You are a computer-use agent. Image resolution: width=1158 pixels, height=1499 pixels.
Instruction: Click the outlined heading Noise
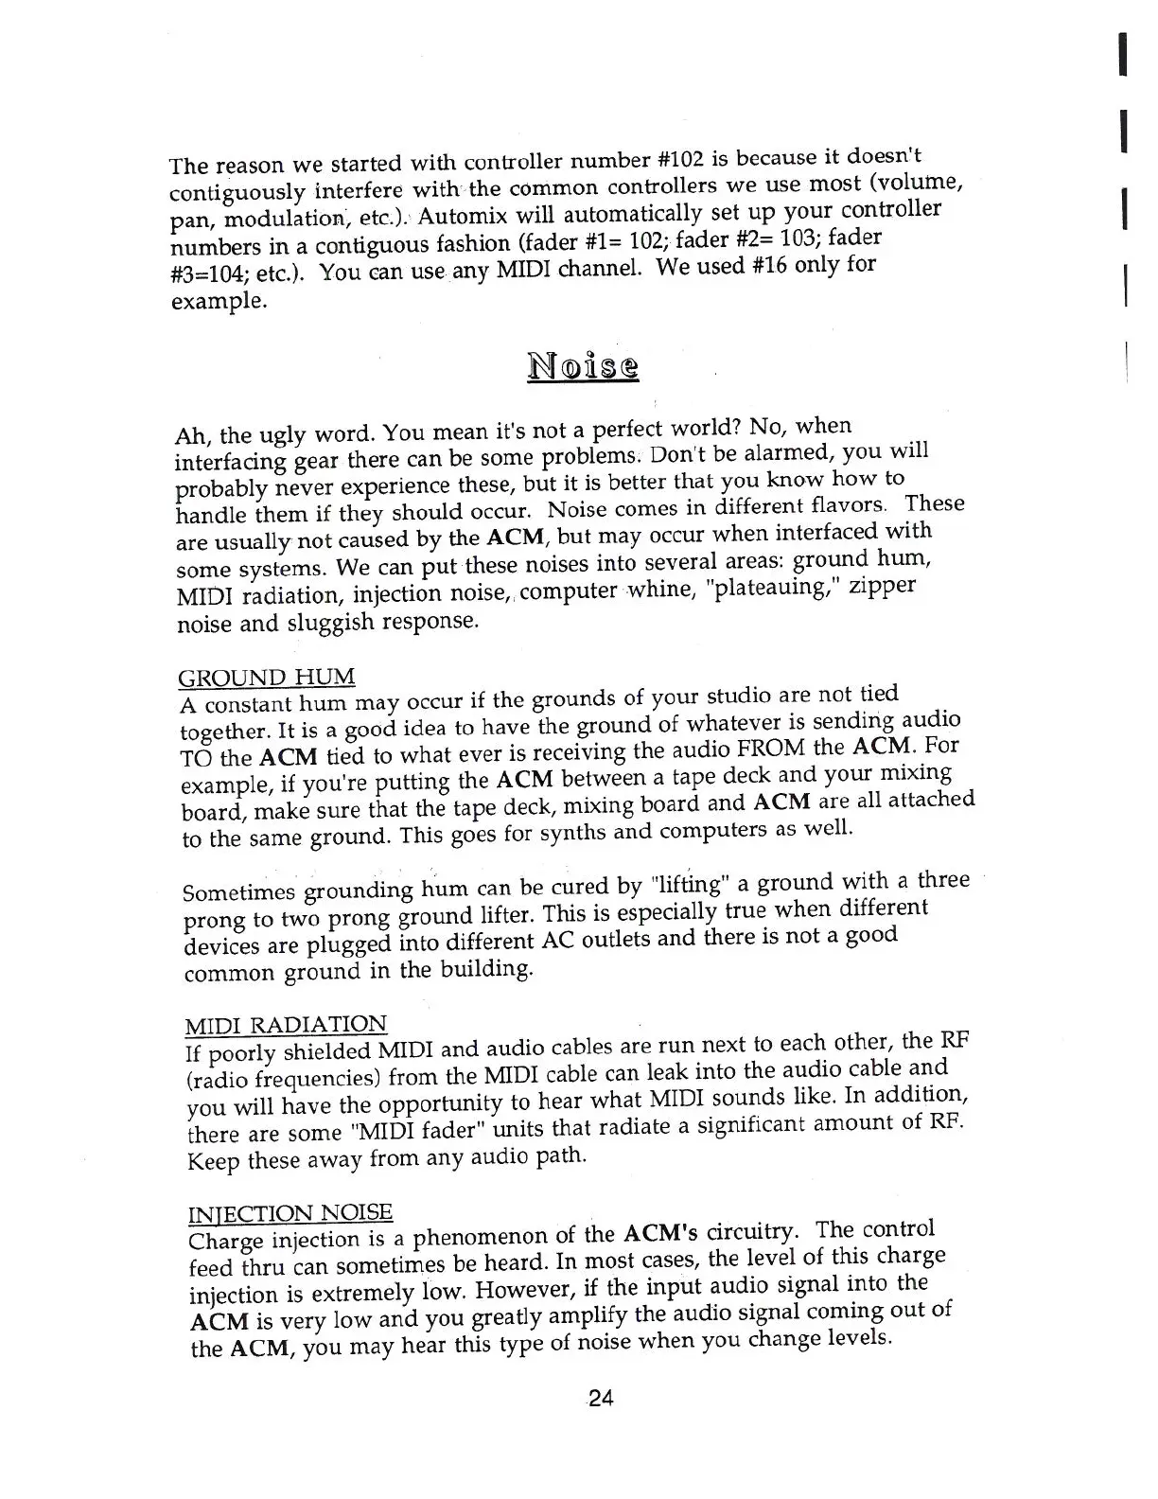(x=582, y=365)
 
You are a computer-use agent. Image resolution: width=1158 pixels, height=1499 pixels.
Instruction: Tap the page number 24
(x=600, y=1398)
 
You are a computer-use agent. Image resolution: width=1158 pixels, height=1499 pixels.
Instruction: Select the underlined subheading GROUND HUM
(x=267, y=678)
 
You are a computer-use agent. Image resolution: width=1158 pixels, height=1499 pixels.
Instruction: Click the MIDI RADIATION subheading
(x=286, y=1025)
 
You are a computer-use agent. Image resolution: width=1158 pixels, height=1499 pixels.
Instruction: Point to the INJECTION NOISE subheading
(x=290, y=1214)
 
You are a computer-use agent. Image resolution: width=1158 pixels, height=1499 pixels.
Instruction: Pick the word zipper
(x=882, y=585)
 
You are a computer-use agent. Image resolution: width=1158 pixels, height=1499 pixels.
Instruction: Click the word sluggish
(x=346, y=622)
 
